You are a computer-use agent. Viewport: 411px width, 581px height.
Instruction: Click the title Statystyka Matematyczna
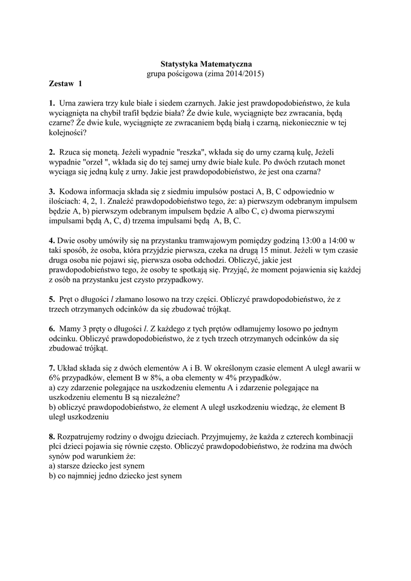[x=205, y=64]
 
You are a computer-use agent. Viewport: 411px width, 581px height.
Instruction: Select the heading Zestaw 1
[x=65, y=83]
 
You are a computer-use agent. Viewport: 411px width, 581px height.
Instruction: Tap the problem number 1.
[x=52, y=103]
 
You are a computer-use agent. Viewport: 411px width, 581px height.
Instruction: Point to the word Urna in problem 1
[x=68, y=103]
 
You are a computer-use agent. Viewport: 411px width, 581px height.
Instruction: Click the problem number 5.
[x=52, y=298]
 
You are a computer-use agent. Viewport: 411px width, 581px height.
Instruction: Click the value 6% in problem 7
[x=55, y=377]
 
